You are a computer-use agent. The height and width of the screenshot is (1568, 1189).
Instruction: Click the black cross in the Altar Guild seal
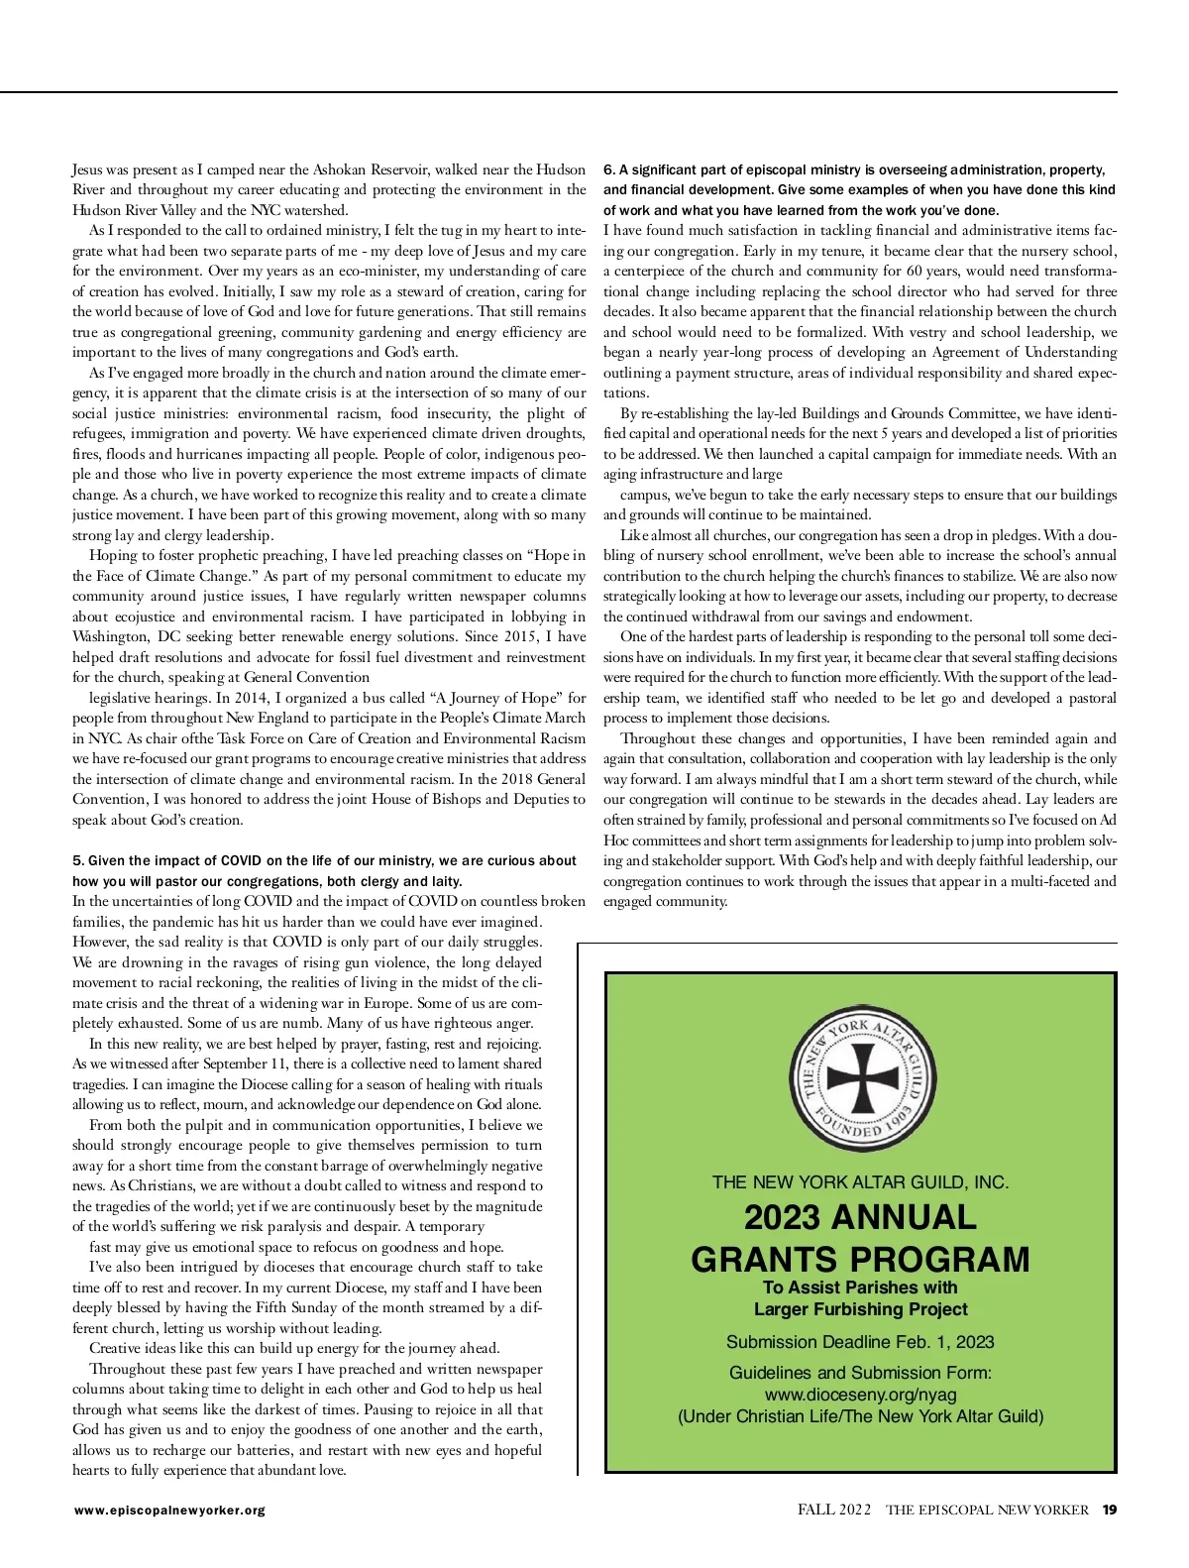point(862,1077)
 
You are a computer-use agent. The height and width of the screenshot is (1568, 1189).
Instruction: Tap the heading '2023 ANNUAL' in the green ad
point(860,1217)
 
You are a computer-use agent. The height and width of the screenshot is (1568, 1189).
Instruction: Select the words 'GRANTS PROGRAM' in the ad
point(860,1259)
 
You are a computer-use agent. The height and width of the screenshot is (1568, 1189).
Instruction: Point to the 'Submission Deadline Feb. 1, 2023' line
point(860,1342)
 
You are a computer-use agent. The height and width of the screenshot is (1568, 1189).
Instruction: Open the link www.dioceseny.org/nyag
point(860,1395)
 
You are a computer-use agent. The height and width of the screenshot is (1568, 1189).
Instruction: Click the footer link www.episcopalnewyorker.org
point(169,1511)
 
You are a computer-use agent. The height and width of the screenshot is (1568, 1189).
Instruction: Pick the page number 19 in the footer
point(1110,1511)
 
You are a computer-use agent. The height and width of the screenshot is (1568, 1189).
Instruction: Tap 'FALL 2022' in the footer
point(834,1511)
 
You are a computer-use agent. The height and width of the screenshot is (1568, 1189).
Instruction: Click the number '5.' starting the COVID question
point(78,860)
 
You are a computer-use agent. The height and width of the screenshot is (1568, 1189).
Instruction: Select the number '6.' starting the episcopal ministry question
point(609,169)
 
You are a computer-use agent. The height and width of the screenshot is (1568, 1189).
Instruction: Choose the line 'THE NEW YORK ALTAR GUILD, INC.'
point(860,1182)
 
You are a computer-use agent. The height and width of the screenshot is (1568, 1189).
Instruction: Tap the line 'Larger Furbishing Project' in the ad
point(860,1309)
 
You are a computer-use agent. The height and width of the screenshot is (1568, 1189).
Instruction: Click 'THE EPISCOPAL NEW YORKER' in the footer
point(987,1511)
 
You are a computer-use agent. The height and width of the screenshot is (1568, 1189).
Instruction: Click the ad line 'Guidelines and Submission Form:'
point(860,1373)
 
